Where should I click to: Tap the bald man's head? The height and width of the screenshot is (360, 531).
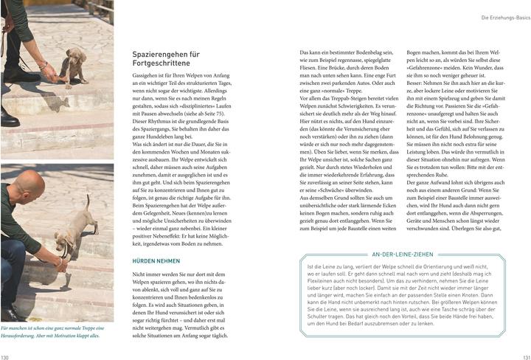pos(29,185)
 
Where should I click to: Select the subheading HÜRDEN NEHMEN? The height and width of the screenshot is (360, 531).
pos(156,260)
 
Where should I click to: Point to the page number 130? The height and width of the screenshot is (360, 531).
pos(6,356)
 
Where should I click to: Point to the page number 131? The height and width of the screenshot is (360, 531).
pos(524,356)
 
